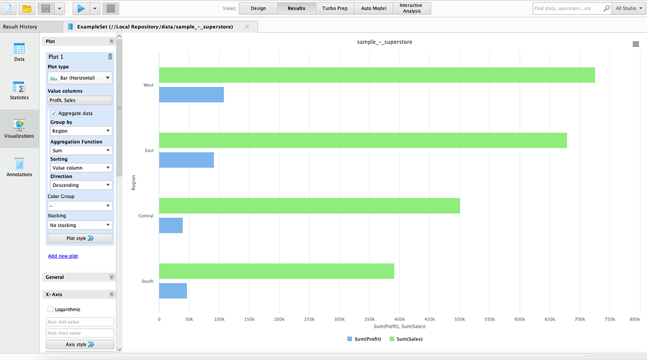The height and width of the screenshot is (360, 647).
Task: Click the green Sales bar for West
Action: click(376, 75)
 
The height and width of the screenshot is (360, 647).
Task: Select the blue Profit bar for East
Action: click(186, 160)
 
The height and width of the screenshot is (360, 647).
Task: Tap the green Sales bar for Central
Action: click(309, 206)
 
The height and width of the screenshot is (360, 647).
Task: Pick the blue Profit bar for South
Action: click(173, 291)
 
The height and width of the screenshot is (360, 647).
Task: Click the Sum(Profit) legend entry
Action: click(364, 339)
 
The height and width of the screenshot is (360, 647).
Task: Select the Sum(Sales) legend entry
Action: click(406, 339)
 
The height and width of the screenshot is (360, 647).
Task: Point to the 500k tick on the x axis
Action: click(460, 320)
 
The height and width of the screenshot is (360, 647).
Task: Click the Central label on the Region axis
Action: click(146, 216)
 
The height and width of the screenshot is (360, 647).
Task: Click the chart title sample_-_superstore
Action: click(384, 42)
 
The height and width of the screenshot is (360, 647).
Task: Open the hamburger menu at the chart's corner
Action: click(636, 44)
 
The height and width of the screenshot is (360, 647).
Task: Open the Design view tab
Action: click(258, 9)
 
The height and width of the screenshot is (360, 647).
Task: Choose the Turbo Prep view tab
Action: click(334, 9)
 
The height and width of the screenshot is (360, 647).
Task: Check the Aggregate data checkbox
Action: click(54, 113)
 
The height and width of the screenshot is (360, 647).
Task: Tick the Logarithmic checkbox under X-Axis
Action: click(51, 309)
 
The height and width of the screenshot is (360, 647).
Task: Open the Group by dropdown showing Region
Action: click(80, 131)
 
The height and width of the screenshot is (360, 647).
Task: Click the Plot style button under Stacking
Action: click(80, 238)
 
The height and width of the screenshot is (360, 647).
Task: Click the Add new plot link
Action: click(63, 256)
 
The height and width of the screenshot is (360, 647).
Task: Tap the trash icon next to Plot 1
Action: click(110, 57)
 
